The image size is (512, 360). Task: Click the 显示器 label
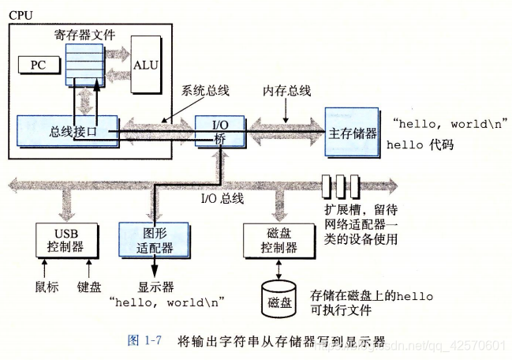tap(155, 287)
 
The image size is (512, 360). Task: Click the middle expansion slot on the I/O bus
tap(342, 187)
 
